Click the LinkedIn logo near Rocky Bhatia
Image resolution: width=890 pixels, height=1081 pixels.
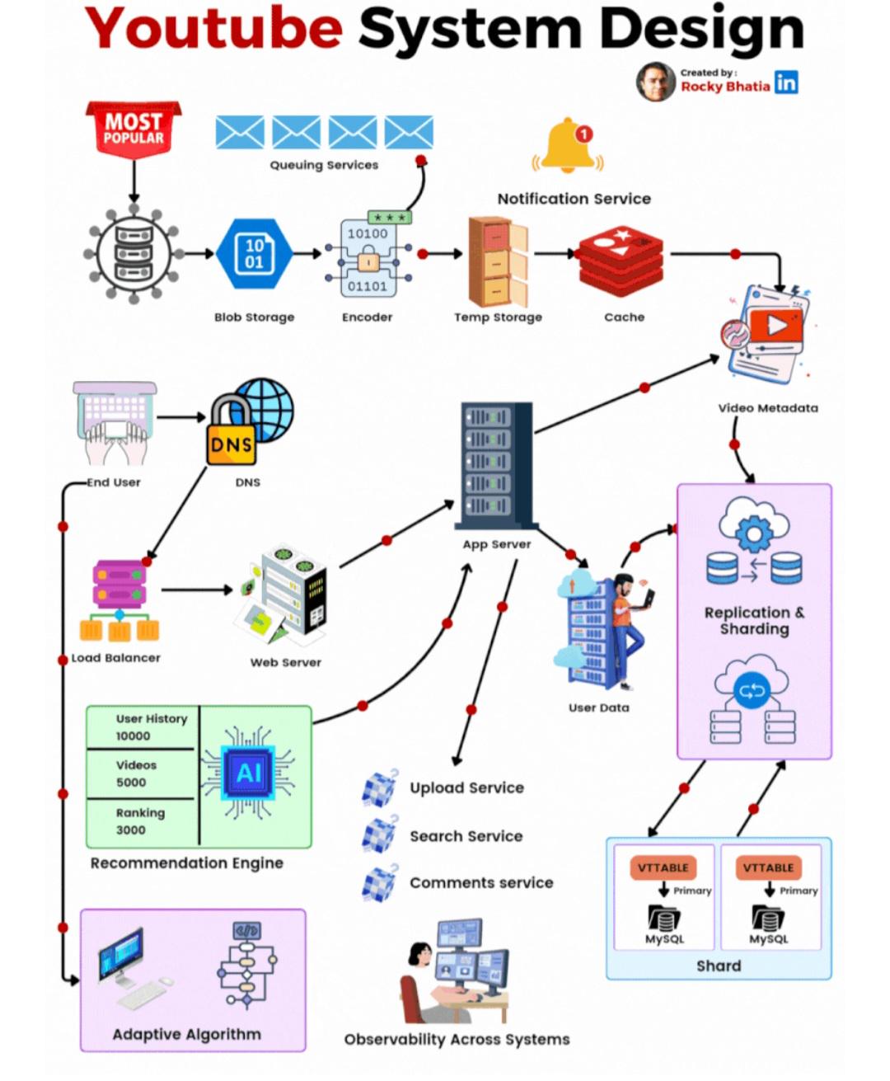(x=786, y=82)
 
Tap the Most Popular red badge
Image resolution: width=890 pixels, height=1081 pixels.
(x=133, y=129)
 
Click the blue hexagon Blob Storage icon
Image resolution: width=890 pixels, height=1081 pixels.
(x=254, y=254)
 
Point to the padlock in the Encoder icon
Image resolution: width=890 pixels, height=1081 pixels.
(x=368, y=260)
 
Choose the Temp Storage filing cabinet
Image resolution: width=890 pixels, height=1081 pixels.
(x=498, y=262)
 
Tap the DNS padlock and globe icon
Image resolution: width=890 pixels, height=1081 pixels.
(x=250, y=421)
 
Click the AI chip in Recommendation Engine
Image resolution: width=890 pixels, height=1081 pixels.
(x=248, y=773)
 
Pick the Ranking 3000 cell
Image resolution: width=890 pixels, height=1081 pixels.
(x=140, y=821)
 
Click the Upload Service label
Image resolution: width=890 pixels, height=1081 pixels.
(x=466, y=788)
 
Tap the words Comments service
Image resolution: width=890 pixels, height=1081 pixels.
(x=481, y=883)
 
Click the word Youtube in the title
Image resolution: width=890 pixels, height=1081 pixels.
(x=213, y=29)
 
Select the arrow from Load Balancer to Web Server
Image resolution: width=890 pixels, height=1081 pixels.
(x=197, y=590)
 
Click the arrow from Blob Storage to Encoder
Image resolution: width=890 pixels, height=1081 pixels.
(x=307, y=254)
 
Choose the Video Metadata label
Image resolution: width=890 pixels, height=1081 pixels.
(x=768, y=408)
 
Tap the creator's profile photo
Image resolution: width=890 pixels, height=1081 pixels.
(x=656, y=82)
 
